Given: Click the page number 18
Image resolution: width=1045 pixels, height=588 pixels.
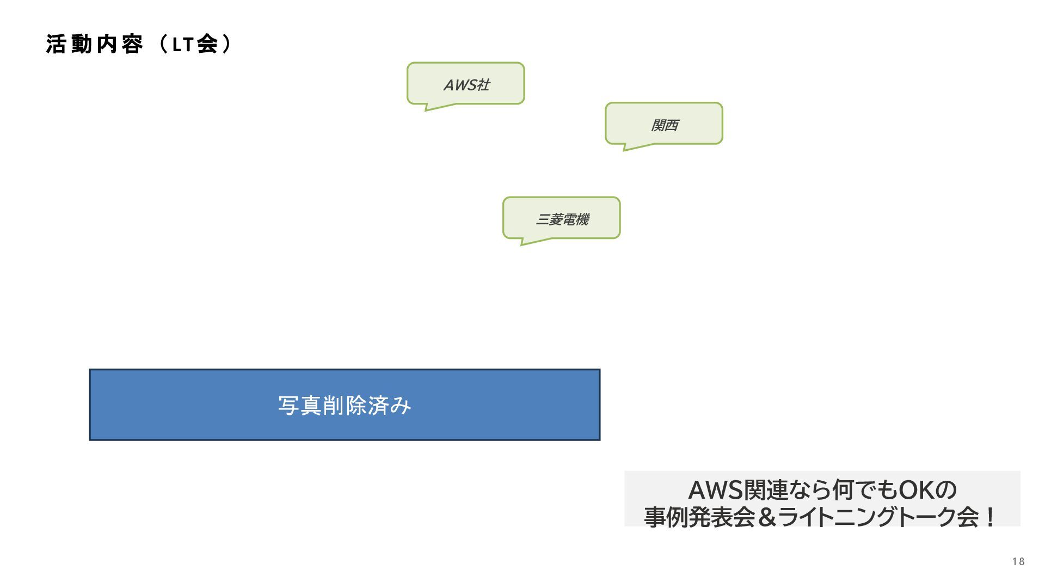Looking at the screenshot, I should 1018,561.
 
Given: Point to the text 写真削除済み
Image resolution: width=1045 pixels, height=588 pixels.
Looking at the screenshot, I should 345,406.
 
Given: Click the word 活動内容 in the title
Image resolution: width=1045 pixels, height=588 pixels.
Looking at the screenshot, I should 94,45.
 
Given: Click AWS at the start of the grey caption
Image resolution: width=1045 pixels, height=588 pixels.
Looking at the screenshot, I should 715,490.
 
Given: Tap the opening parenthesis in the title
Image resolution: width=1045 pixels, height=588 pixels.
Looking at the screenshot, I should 162,45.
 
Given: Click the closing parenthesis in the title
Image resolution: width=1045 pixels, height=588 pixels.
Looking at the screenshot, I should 226,45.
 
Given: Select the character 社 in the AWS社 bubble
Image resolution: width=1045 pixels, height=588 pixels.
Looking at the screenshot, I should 483,85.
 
